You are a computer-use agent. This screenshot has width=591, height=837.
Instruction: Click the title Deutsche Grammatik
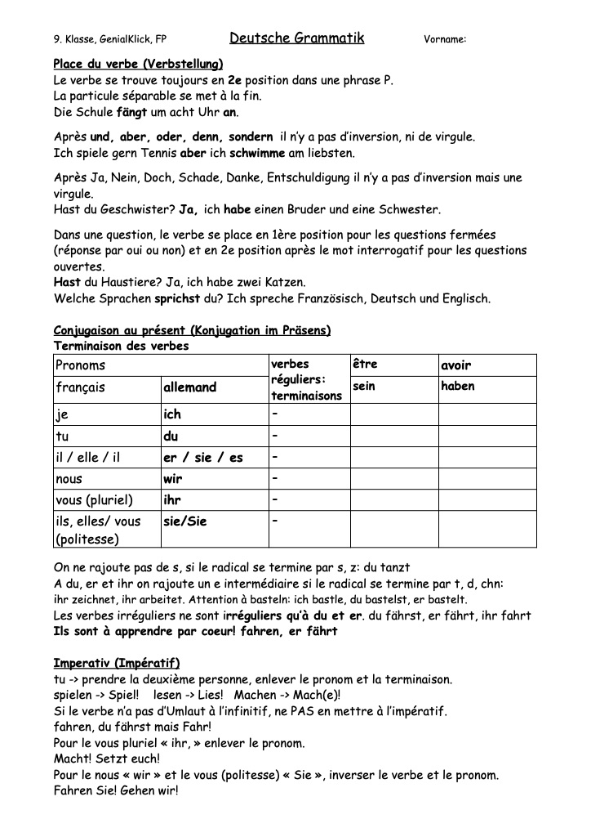[296, 38]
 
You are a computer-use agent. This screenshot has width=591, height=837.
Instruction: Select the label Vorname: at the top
[445, 39]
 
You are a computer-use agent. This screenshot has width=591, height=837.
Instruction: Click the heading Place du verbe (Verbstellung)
[138, 64]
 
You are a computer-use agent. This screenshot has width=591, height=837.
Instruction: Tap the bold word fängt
[132, 113]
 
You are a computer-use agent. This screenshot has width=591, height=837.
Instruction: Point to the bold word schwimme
[257, 153]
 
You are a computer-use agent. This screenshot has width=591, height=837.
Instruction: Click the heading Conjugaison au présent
[192, 331]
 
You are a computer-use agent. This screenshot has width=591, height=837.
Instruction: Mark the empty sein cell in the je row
[393, 415]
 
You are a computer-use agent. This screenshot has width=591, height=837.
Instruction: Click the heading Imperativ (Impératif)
[116, 663]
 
